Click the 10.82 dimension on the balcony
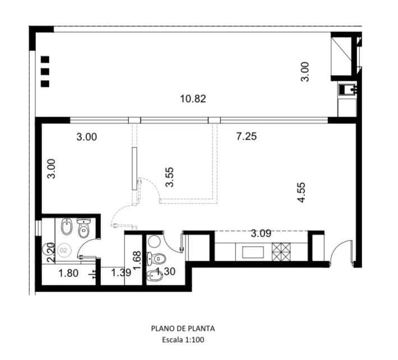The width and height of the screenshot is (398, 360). click(193, 99)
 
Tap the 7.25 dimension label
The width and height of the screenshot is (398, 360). click(247, 137)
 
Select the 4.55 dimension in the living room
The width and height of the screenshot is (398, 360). click(302, 192)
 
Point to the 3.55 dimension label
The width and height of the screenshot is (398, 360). click(169, 177)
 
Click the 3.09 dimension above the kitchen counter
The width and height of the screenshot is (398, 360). click(261, 233)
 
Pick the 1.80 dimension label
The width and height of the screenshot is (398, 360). click(68, 274)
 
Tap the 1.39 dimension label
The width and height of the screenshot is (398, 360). click(121, 273)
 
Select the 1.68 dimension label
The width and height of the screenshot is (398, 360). click(137, 261)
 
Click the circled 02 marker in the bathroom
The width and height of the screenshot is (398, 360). click(63, 251)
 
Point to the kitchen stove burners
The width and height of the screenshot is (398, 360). click(281, 252)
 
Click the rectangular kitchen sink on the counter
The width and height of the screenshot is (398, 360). click(253, 252)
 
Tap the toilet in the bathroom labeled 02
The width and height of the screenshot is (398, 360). click(84, 228)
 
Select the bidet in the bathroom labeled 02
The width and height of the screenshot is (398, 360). click(67, 227)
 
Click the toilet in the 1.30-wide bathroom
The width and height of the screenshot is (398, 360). click(156, 259)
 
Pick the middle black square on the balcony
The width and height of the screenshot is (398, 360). click(45, 72)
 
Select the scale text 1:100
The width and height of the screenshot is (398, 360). click(194, 340)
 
